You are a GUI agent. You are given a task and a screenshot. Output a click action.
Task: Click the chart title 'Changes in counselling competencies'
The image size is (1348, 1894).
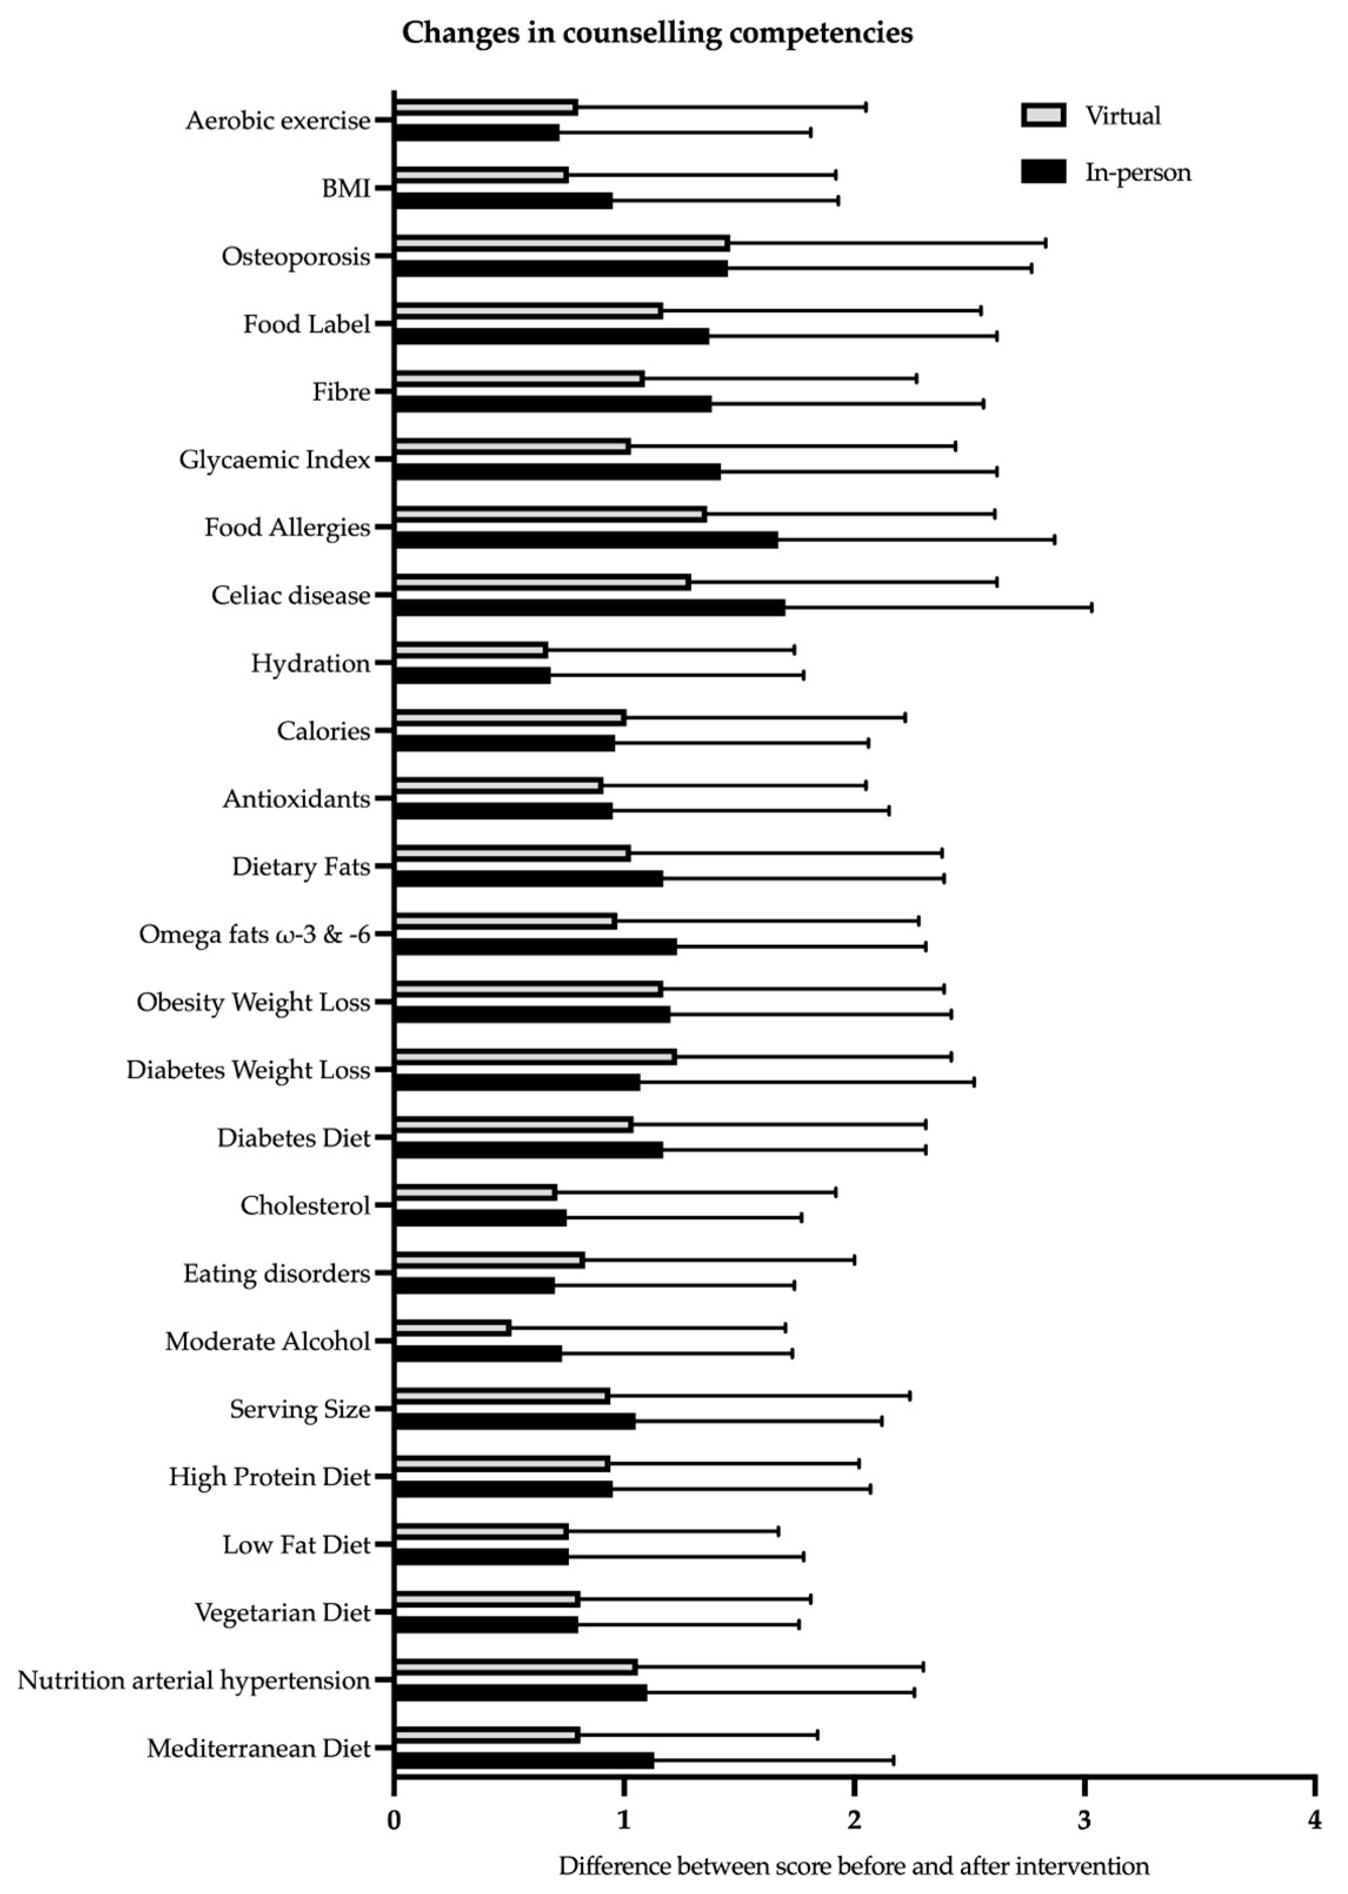point(657,32)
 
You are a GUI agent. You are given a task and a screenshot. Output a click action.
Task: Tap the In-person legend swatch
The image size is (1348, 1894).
point(1043,172)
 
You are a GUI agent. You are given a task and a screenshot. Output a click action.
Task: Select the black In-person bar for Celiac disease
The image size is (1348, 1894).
point(590,608)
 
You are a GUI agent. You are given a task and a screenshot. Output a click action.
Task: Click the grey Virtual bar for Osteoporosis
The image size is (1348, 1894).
point(561,243)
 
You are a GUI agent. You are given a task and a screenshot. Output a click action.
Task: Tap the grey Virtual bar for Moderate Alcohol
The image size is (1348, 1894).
point(452,1328)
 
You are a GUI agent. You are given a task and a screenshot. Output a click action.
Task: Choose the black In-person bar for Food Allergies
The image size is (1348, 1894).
point(586,540)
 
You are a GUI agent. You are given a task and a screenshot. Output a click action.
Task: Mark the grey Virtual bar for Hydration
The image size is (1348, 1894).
point(471,650)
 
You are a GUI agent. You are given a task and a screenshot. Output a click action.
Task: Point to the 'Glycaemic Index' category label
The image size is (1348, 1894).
point(275,460)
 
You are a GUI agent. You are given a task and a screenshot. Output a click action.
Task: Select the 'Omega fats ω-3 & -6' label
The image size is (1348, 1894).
point(254,934)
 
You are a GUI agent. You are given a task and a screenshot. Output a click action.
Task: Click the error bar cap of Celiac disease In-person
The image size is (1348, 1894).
point(1091,608)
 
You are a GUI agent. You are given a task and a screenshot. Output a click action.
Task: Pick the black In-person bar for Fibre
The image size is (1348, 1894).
point(553,404)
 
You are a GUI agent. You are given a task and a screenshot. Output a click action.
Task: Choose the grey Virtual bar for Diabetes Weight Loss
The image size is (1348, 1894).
point(535,1057)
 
